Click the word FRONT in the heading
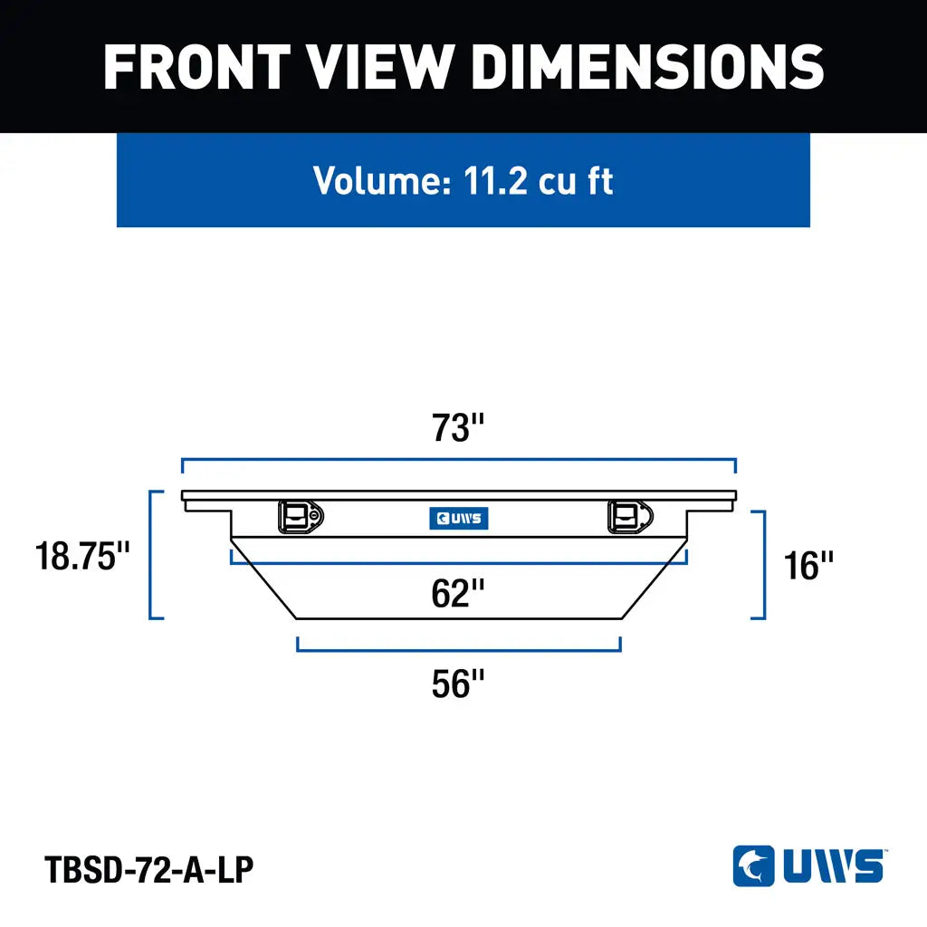coord(196,67)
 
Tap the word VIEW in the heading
coord(380,67)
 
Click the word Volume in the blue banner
coord(382,180)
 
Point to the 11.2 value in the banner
coord(495,180)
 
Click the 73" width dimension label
coord(457,427)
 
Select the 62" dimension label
coord(457,593)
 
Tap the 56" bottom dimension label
coord(457,684)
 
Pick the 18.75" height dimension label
coord(82,556)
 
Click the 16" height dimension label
coord(808,565)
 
